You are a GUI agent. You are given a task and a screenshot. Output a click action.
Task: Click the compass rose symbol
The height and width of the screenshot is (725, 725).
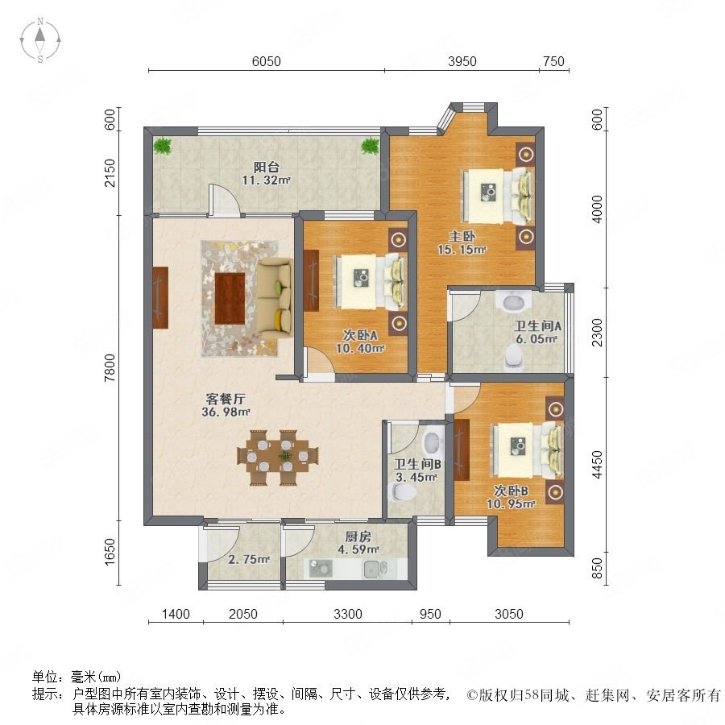point(40,40)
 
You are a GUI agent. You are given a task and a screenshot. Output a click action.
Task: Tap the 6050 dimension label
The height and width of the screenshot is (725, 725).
point(267,61)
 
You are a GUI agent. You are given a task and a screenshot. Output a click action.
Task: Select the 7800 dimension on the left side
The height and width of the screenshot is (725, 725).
point(110,367)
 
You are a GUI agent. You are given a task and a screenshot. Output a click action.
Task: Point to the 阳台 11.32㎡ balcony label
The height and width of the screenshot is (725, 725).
point(267,173)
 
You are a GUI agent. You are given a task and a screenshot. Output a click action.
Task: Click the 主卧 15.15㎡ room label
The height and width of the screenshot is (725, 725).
point(462,242)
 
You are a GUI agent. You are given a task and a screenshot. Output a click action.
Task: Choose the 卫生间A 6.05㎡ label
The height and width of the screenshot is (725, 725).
point(537,332)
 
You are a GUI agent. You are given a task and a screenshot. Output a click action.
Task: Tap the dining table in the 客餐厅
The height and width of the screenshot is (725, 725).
point(278,458)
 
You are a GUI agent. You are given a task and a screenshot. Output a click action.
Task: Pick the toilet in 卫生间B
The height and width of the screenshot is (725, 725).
point(401,492)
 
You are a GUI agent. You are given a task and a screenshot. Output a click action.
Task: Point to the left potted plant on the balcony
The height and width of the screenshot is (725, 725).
point(162,146)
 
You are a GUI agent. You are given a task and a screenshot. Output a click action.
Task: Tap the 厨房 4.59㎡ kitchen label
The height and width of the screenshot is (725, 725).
point(358,543)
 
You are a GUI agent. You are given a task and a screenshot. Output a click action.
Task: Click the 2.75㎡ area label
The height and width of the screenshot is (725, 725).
point(249,559)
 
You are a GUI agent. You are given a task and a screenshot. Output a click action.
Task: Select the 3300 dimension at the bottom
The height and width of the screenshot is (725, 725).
point(348,614)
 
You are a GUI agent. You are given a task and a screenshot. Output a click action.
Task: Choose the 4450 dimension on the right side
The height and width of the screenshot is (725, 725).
point(598,465)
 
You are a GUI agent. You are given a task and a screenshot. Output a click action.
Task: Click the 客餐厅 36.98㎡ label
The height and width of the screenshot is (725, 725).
point(226,405)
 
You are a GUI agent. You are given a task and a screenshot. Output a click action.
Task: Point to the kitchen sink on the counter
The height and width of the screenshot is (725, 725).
point(375,570)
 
